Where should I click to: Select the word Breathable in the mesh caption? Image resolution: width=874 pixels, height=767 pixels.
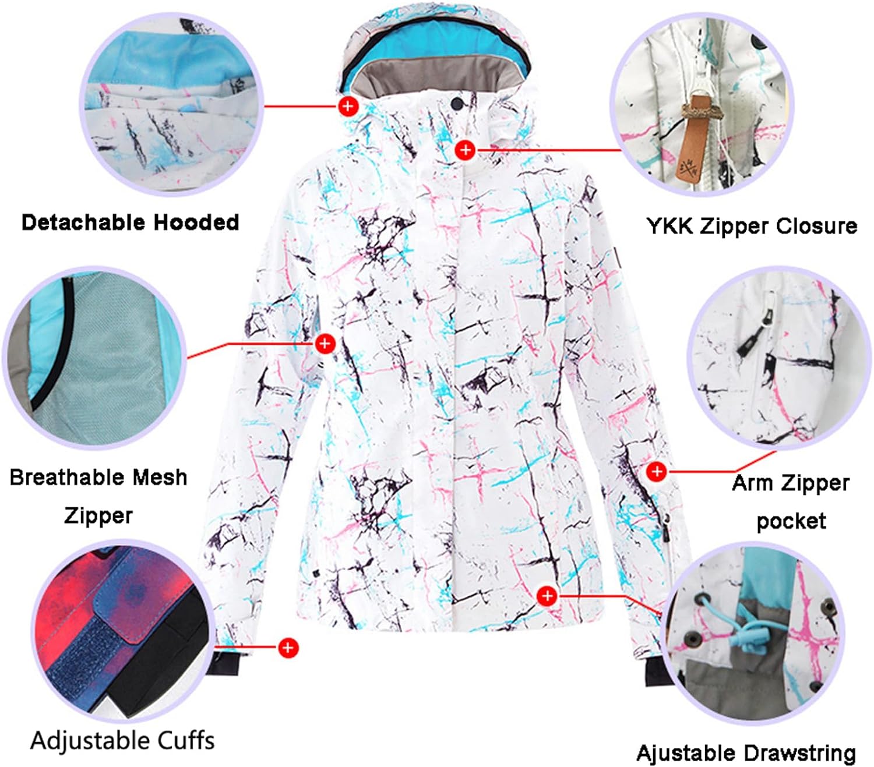coord(68,478)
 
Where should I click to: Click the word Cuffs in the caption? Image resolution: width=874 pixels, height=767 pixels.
coord(186,741)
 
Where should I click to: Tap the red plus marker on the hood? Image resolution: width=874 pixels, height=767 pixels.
coord(348,105)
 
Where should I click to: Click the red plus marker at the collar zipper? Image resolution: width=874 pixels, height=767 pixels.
coord(465,150)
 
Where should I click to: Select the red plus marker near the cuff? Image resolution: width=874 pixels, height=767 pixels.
coord(288,648)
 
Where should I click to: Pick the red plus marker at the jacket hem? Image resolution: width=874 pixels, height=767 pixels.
coord(548,596)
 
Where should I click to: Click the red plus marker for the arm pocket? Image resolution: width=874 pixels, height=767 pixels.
coord(657,471)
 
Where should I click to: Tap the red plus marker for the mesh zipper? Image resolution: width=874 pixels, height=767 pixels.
coord(325,344)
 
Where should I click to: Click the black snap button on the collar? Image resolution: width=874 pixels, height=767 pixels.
coord(456,104)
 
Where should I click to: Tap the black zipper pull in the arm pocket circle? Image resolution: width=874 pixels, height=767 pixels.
coord(750,341)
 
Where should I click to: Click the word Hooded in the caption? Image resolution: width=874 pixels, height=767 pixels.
coord(196,223)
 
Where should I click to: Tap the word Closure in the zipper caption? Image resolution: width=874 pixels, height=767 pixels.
coord(816,226)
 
